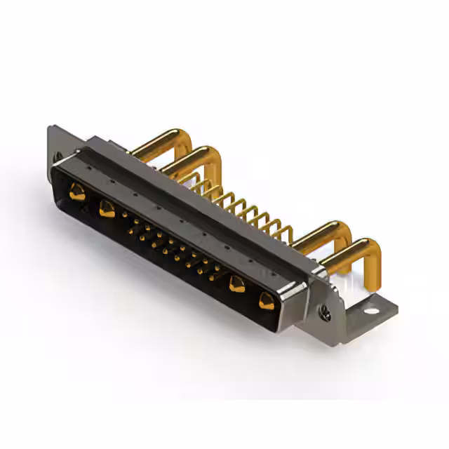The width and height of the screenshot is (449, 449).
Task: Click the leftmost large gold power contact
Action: (x=77, y=191)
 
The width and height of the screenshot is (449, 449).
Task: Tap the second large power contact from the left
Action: (x=107, y=208)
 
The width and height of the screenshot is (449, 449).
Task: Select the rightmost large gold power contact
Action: (x=266, y=302)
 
